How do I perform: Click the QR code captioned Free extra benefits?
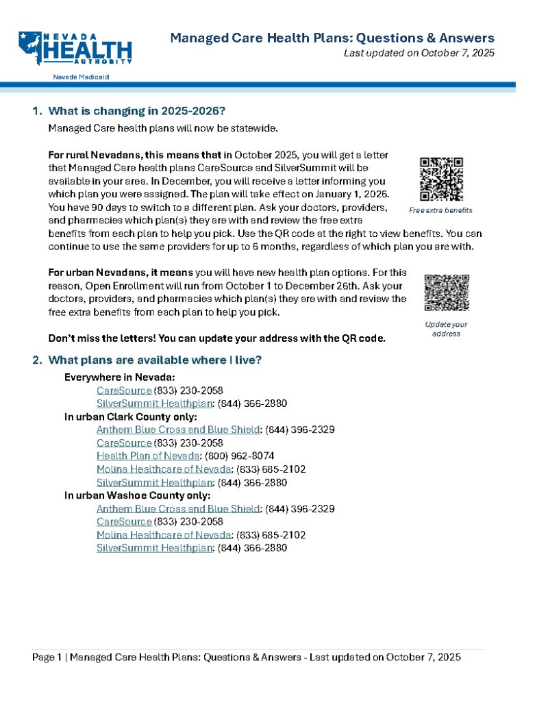point(441,179)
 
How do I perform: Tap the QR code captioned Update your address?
point(446,293)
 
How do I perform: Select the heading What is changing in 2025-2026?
point(137,111)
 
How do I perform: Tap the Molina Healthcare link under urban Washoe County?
point(164,535)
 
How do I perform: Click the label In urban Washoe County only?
point(137,495)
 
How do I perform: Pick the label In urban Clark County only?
point(131,416)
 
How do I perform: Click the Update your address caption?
point(446,329)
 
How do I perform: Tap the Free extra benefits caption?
point(441,210)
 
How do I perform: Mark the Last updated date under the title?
point(419,53)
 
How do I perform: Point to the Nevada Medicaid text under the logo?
point(81,77)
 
